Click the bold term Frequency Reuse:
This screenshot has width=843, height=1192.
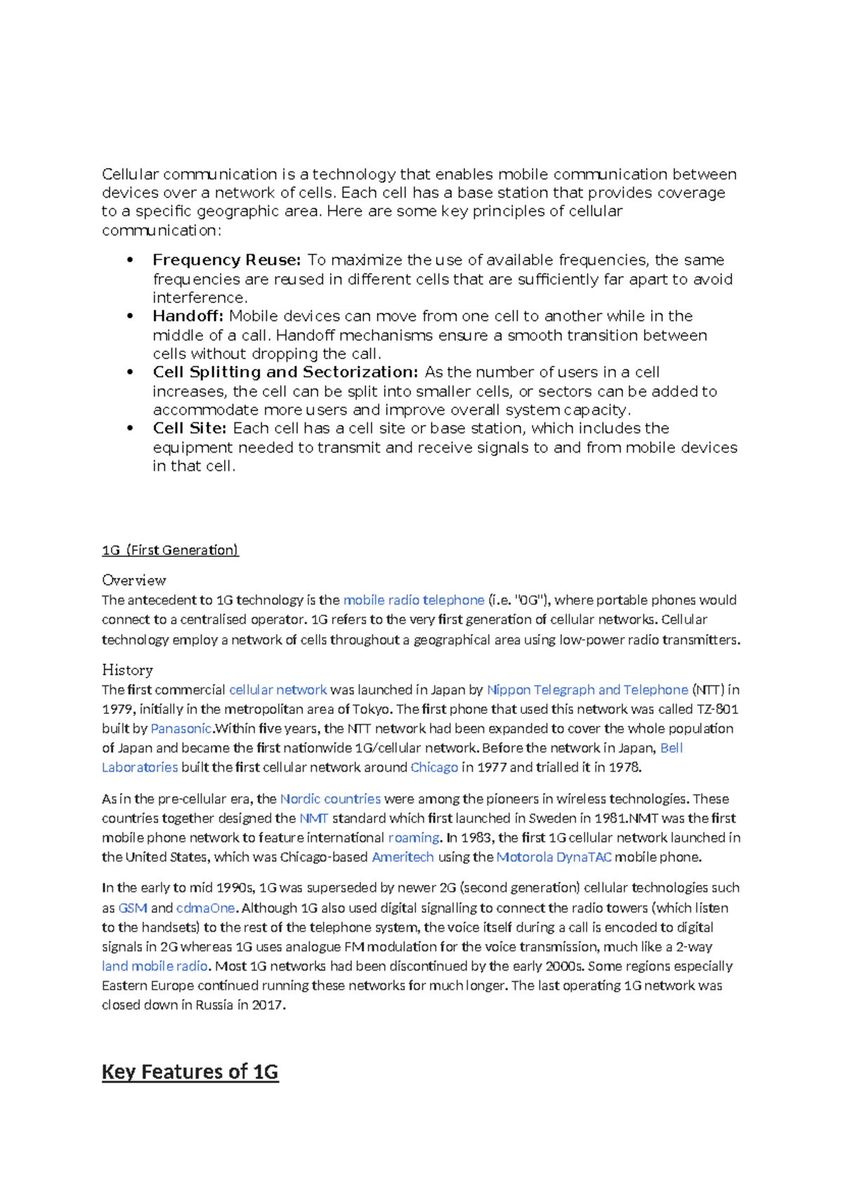point(226,260)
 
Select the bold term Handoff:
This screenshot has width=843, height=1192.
point(188,316)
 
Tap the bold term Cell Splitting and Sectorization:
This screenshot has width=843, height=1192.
point(285,372)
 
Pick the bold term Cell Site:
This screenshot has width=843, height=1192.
point(190,429)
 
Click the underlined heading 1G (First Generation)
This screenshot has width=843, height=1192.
point(170,550)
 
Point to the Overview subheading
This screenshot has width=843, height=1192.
point(133,581)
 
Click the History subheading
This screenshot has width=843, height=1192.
point(127,670)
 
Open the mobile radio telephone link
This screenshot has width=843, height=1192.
point(414,600)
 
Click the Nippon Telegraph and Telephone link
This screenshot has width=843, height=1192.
point(587,690)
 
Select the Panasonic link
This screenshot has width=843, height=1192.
point(181,729)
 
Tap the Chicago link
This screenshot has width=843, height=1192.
point(434,767)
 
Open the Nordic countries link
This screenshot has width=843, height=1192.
point(330,799)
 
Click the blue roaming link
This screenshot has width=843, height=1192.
point(414,838)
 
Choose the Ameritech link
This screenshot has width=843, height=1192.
point(403,857)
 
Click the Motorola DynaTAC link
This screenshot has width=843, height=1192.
point(554,857)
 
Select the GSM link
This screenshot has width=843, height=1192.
point(133,908)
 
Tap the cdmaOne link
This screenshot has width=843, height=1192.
point(205,908)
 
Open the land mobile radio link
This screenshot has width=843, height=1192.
point(155,966)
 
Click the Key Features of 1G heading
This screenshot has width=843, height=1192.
point(190,1072)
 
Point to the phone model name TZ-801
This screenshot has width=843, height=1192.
point(717,709)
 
